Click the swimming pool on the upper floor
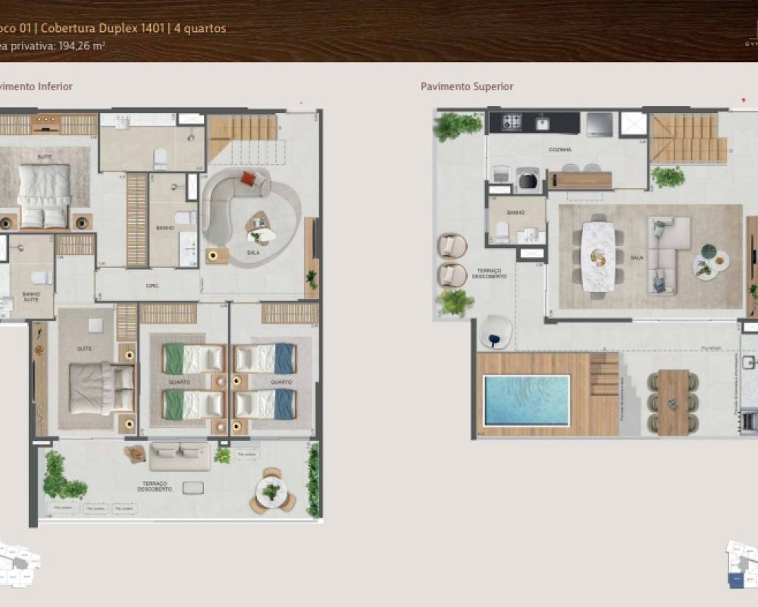527,399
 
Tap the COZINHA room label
560,150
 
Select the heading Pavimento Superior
467,86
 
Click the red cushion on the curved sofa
249,179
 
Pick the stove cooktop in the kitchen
512,122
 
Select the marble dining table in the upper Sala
598,256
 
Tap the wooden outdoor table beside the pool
673,402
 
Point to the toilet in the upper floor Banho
501,231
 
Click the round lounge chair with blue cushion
495,331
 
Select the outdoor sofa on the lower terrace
180,455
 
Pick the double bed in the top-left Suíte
44,196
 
